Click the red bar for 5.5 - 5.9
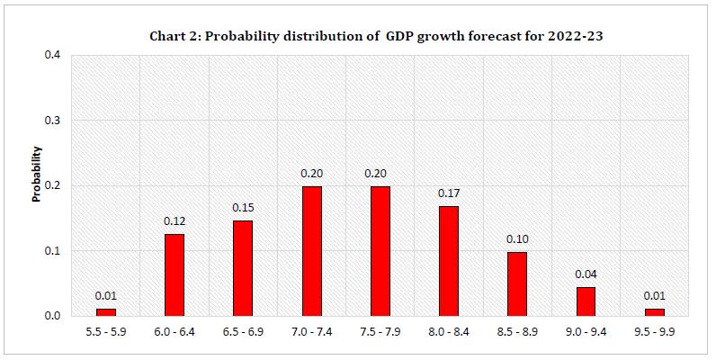[106, 311]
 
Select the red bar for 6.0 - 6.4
[175, 274]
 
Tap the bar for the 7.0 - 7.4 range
[311, 250]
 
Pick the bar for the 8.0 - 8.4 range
[448, 260]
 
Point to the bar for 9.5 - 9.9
[653, 311]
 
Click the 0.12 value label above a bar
[175, 220]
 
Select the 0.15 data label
[243, 207]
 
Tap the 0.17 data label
[448, 193]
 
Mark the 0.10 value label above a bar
[516, 238]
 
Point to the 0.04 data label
[585, 274]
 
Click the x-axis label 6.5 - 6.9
[243, 333]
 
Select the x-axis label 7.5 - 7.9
[380, 333]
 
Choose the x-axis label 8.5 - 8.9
[516, 333]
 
